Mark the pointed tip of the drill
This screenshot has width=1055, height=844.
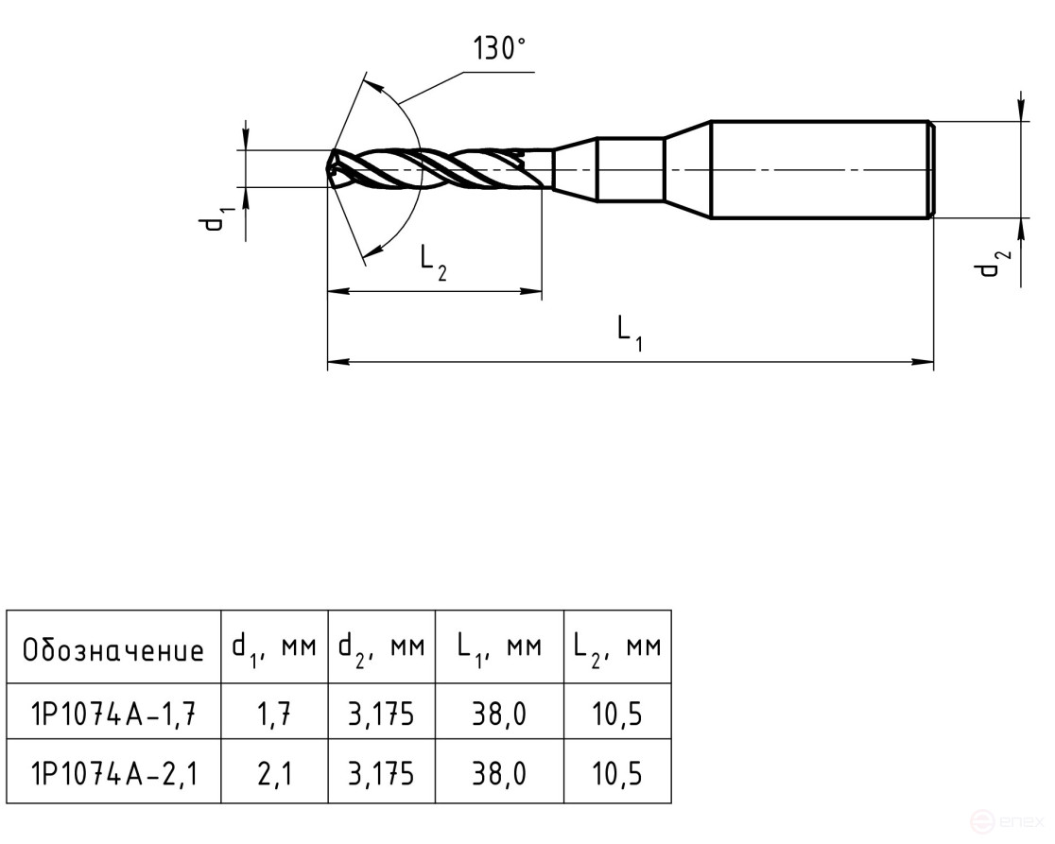pyautogui.click(x=330, y=170)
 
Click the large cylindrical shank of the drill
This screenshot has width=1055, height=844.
pyautogui.click(x=819, y=170)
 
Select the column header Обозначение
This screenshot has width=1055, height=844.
pyautogui.click(x=113, y=649)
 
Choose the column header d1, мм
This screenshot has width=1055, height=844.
pyautogui.click(x=274, y=648)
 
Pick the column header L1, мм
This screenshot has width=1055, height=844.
pyautogui.click(x=498, y=648)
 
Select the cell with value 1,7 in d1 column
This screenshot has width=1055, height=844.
pyautogui.click(x=274, y=715)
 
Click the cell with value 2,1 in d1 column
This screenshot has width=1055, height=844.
pyautogui.click(x=274, y=775)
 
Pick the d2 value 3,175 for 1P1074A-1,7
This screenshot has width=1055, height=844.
pyautogui.click(x=381, y=715)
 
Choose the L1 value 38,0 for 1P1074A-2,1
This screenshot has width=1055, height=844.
pyautogui.click(x=498, y=775)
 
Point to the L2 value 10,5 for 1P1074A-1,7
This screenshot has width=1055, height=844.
pyautogui.click(x=616, y=715)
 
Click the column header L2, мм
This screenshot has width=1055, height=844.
pyautogui.click(x=616, y=648)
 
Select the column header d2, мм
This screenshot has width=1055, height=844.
pyautogui.click(x=381, y=648)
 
